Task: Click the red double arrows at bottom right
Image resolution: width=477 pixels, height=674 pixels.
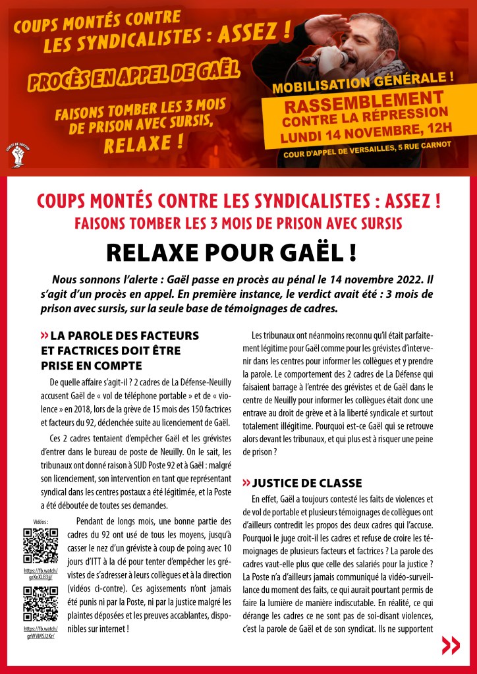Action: tap(451, 645)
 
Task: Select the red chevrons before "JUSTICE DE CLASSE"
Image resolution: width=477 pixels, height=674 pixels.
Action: tap(246, 483)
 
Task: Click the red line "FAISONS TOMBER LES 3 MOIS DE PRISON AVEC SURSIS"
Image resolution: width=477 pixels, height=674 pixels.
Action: tap(238, 223)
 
